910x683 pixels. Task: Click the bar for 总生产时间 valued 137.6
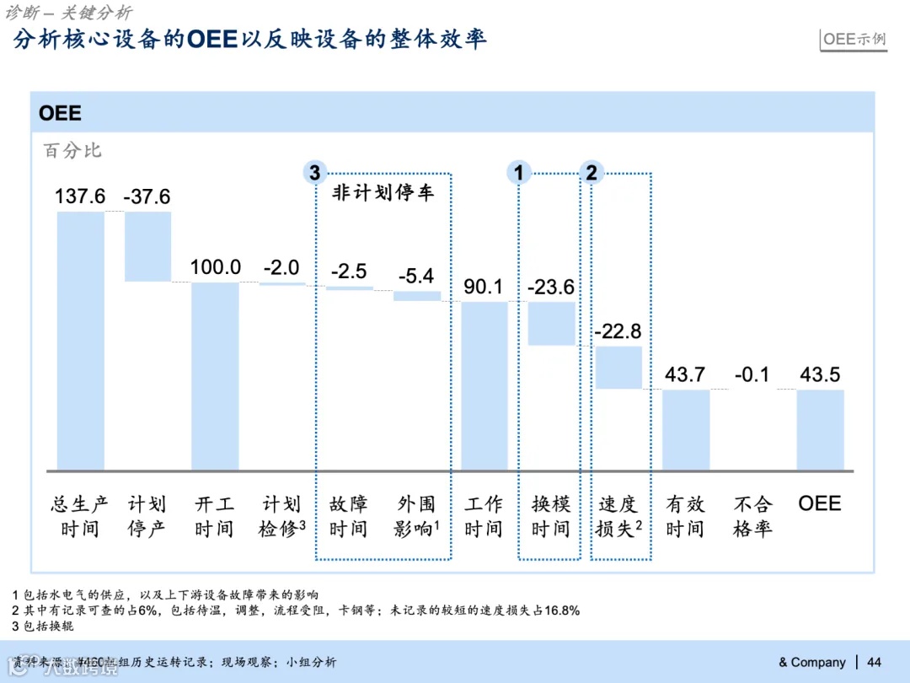point(81,341)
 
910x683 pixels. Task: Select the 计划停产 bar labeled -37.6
point(147,246)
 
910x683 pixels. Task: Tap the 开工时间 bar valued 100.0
point(215,376)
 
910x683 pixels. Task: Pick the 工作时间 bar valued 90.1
point(484,385)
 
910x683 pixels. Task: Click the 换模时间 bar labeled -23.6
point(552,323)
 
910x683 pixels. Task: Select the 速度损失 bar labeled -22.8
point(618,367)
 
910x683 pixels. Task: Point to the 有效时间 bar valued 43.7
point(686,429)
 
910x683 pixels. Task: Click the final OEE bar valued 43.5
point(821,429)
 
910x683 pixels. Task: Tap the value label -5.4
point(416,275)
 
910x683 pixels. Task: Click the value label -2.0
point(281,267)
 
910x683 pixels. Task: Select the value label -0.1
point(752,374)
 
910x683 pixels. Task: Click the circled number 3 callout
point(314,173)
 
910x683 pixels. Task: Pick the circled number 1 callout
point(518,173)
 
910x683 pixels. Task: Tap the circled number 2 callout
point(591,173)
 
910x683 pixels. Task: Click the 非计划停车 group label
point(383,193)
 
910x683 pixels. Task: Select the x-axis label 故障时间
point(349,516)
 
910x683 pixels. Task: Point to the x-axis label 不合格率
point(752,516)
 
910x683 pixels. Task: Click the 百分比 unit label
point(72,150)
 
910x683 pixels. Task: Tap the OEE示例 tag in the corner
point(854,39)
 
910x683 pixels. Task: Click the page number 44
point(874,662)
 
